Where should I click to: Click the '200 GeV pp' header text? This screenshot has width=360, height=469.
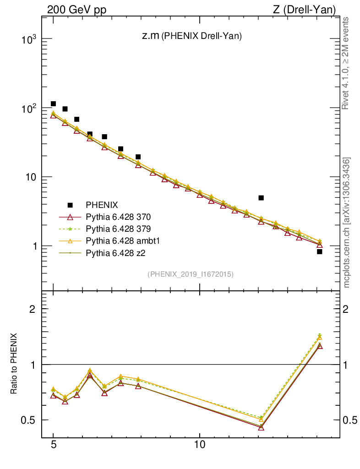coord(76,10)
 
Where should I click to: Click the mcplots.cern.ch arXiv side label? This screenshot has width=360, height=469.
coord(347,223)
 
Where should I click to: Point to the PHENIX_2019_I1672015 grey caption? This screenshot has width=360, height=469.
coord(191,274)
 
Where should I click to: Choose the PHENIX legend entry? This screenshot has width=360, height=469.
coord(99,205)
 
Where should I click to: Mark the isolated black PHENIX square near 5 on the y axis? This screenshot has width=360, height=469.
coord(261,198)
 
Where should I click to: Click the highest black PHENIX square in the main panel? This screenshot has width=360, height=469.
coord(54,104)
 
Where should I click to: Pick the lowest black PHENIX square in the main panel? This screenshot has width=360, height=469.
coord(320,251)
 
